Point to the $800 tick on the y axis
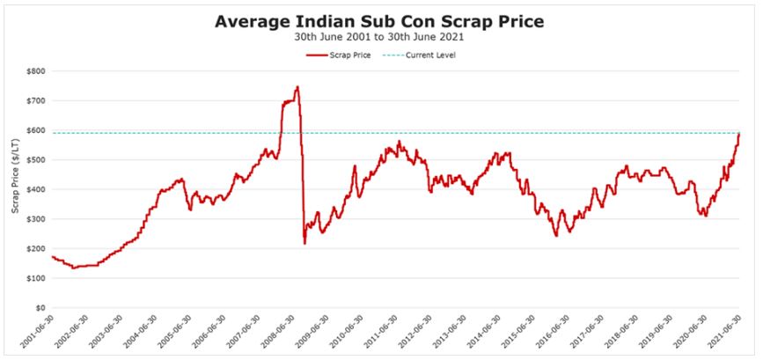coord(35,70)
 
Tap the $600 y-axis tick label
coord(35,130)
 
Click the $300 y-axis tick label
coord(35,219)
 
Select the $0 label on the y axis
coord(40,308)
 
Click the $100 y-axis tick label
coord(35,279)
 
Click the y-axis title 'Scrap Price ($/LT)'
coord(14,189)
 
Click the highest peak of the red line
coord(297,86)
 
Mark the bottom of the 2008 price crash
coord(304,243)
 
